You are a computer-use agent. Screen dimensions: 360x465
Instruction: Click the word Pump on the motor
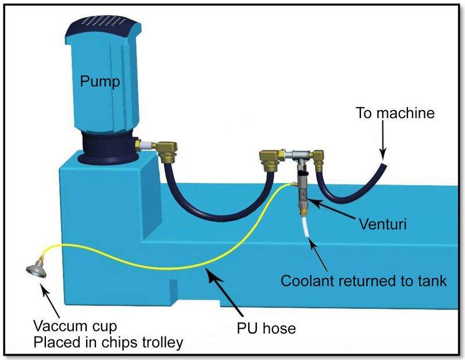(x=100, y=82)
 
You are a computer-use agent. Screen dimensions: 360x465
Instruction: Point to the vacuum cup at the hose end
(x=35, y=270)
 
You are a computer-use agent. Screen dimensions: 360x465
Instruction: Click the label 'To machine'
(x=395, y=113)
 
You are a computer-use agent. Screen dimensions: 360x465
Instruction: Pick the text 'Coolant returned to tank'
(x=363, y=281)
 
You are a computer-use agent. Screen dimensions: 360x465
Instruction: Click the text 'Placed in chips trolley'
(x=108, y=343)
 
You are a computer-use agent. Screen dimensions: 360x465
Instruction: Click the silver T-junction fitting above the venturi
(x=298, y=154)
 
